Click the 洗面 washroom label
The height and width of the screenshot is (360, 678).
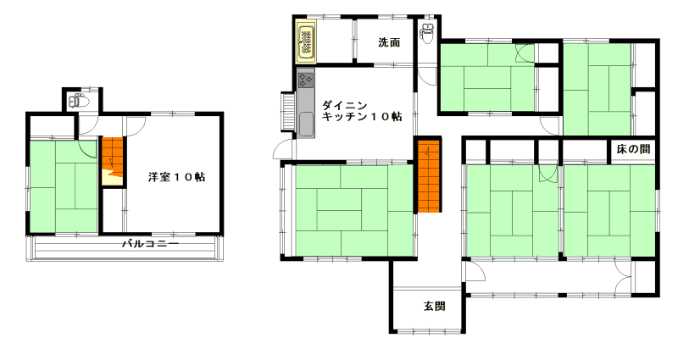coord(389,42)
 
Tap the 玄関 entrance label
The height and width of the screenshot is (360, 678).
coord(434,307)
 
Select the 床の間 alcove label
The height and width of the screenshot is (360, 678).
coord(633,150)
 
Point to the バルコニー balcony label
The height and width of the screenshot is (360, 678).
coord(150,244)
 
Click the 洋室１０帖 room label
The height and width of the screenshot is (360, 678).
coord(177,177)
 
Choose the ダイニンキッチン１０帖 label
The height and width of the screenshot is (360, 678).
coord(362,111)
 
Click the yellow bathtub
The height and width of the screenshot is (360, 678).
coord(306,42)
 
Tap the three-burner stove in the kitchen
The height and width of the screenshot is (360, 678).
coord(306,79)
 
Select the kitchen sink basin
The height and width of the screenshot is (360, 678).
coord(306,124)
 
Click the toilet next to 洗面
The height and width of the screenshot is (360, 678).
coord(427,33)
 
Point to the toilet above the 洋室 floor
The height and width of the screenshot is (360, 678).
coord(79,101)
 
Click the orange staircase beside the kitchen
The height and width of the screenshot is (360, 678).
coord(429,175)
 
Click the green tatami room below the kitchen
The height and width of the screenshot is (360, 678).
coord(354,210)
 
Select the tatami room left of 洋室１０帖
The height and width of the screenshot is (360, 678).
coord(64,186)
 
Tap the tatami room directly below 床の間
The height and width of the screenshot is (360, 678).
coord(609,210)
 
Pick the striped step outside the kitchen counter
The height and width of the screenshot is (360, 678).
coord(288,111)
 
